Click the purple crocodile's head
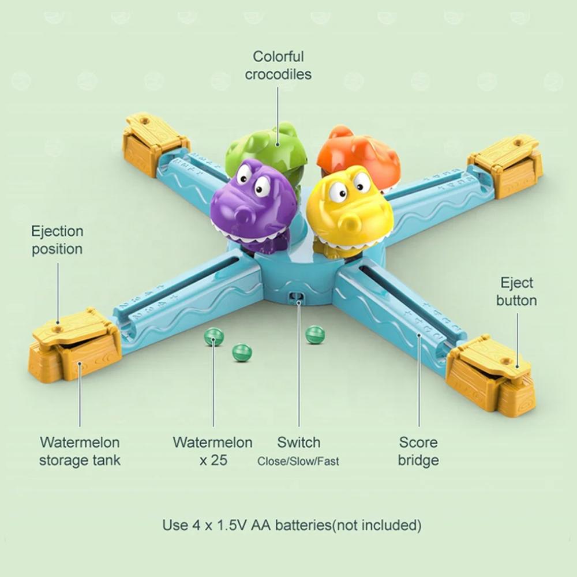254,204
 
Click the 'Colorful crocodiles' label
278,65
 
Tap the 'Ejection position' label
57,240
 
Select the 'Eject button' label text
516,291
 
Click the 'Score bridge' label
418,451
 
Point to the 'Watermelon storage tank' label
80,451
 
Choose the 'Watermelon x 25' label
213,451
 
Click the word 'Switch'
298,442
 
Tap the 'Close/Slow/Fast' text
298,461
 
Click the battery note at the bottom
292,524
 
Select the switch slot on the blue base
297,297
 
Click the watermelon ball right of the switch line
316,335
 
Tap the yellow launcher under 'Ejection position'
74,346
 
